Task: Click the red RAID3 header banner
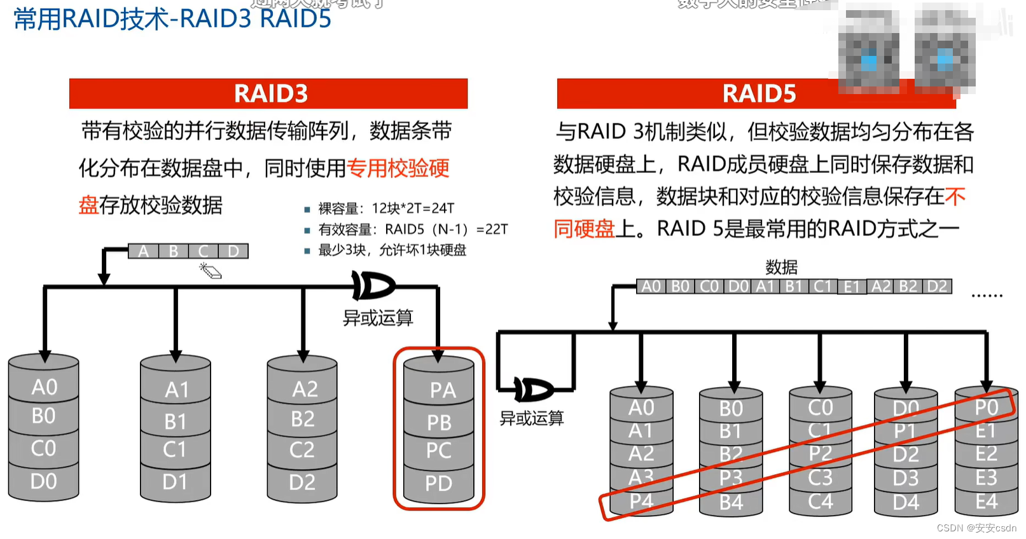tap(268, 93)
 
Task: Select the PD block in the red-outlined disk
tap(439, 483)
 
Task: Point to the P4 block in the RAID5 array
tap(641, 501)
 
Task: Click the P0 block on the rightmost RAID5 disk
tap(987, 407)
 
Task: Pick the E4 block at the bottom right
tap(987, 502)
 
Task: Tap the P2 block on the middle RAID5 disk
tap(820, 454)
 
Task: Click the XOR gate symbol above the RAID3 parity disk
tap(373, 286)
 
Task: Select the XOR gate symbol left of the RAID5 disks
tap(533, 390)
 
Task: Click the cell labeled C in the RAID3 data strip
tap(204, 252)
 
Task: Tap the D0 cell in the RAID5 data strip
tap(738, 287)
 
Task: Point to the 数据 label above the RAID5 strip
tap(781, 267)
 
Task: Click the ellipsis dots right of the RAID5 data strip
tap(987, 296)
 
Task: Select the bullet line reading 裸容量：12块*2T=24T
tap(386, 208)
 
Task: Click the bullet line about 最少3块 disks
tap(392, 250)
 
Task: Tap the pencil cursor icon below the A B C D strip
tap(211, 271)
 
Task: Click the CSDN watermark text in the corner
tap(976, 528)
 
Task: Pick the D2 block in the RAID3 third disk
tap(302, 482)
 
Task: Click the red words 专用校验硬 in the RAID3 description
tap(398, 168)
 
